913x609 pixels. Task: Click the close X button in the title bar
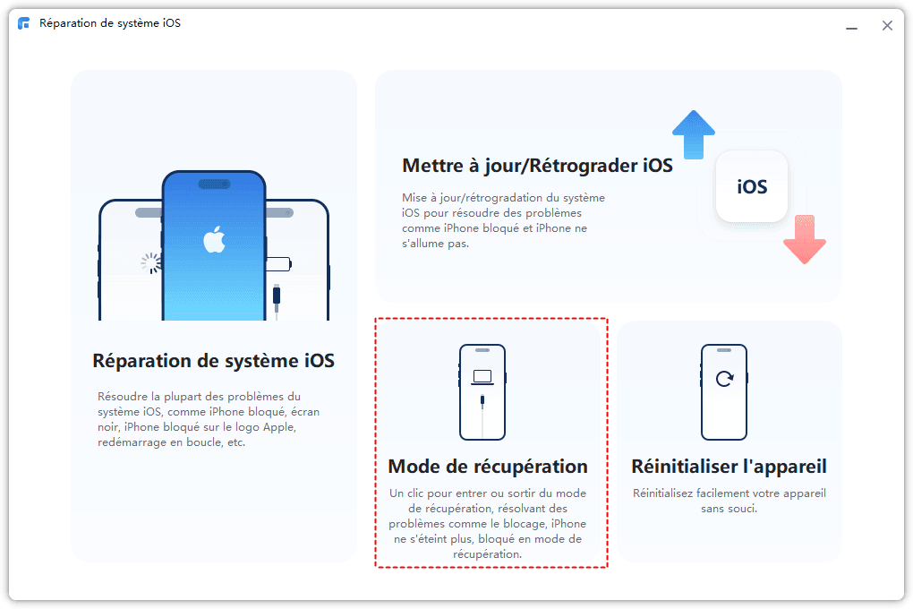click(887, 26)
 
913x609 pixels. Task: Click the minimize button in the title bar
click(851, 29)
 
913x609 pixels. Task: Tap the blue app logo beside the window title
click(24, 23)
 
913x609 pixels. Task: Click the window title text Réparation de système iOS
click(110, 23)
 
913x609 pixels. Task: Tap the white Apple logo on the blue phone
click(214, 239)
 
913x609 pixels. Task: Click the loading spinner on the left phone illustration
click(150, 262)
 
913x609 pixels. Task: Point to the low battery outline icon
click(278, 264)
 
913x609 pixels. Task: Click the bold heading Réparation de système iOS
click(214, 361)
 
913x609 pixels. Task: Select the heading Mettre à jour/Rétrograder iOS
click(537, 166)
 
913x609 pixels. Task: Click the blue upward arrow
click(694, 134)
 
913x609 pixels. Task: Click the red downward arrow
click(805, 239)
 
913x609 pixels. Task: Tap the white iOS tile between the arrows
click(752, 186)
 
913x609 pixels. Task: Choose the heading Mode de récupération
click(488, 467)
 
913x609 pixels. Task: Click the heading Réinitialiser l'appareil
click(729, 467)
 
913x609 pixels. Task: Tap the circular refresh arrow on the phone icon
click(724, 379)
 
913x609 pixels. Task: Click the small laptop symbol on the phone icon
click(482, 378)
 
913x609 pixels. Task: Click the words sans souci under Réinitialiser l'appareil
click(729, 509)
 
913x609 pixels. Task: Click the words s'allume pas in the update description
click(434, 244)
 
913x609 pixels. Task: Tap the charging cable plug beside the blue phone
click(277, 295)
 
